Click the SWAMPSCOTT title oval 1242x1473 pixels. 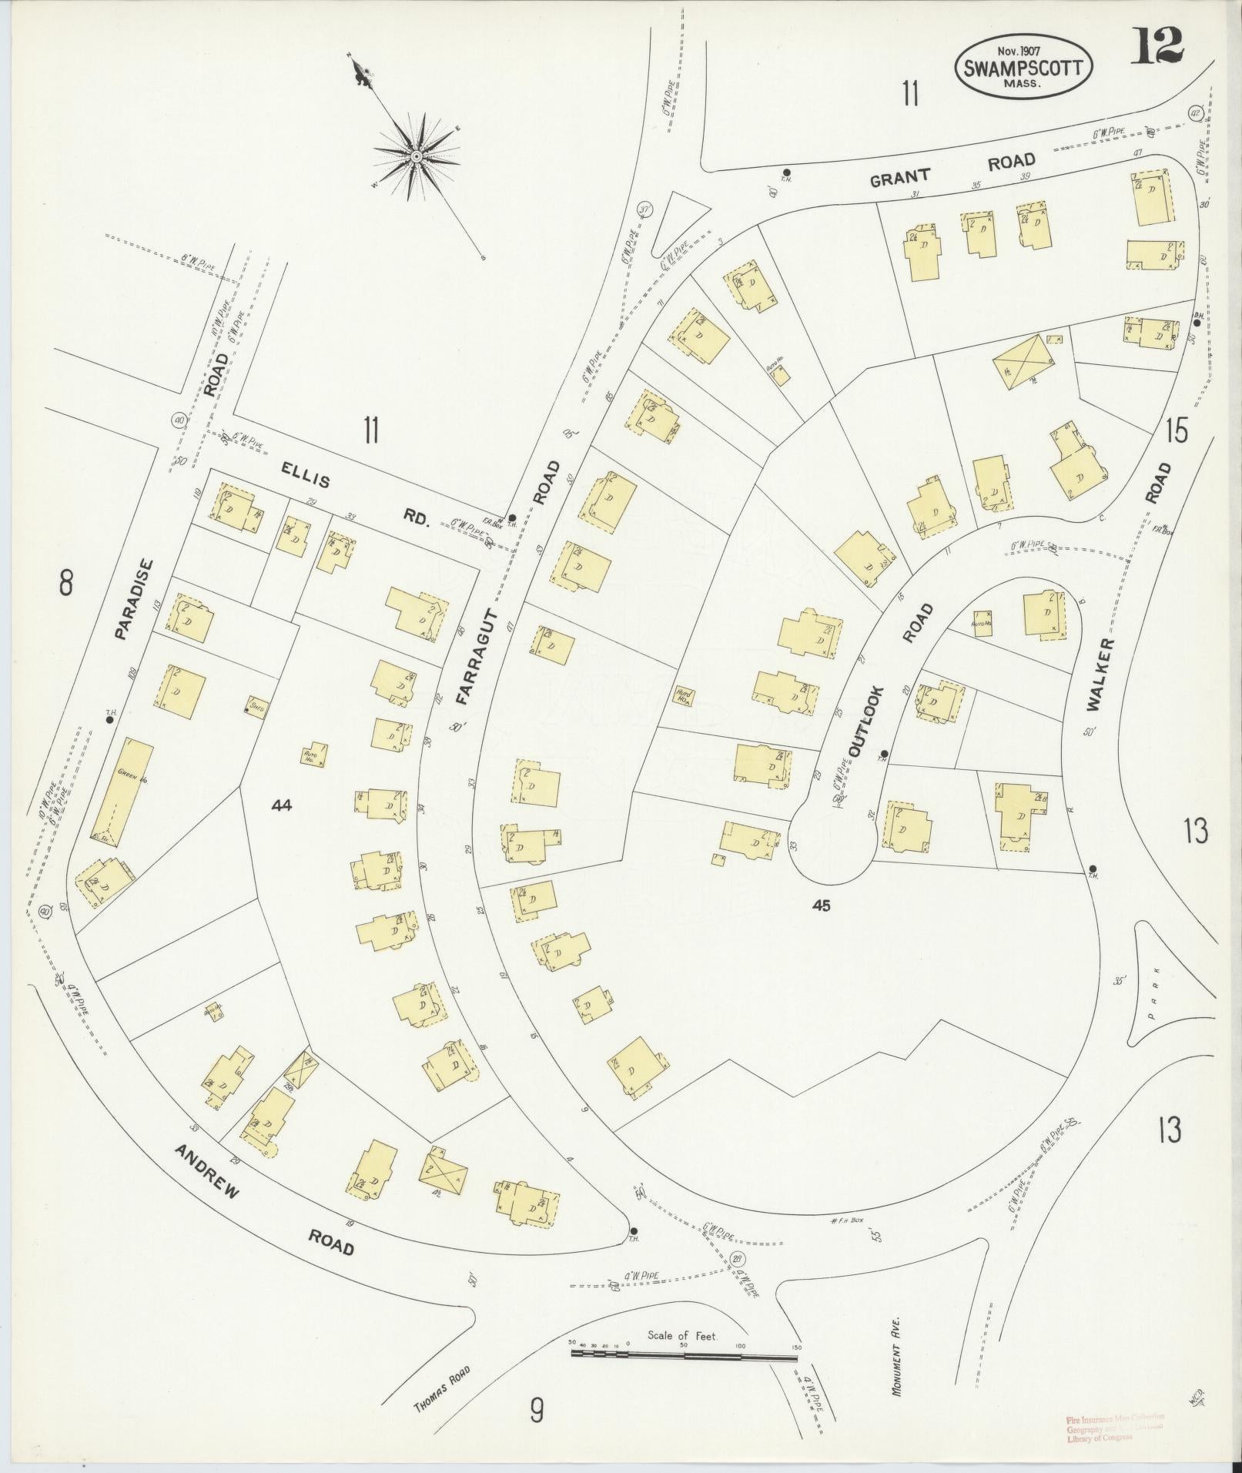tap(1023, 68)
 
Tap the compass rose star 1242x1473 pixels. tap(416, 156)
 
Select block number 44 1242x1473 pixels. tap(283, 805)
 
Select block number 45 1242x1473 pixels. tap(822, 906)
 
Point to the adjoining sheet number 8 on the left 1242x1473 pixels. tap(66, 584)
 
